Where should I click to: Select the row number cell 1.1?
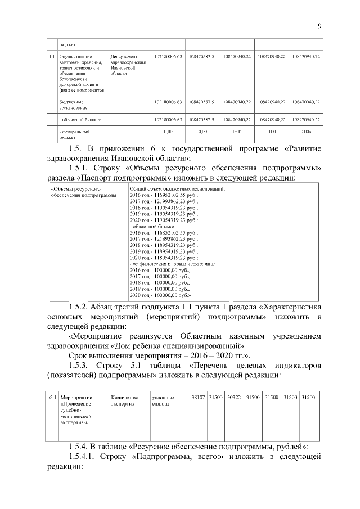[x=51, y=57]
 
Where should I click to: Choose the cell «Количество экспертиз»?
[x=125, y=400]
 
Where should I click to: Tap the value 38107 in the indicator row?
[x=197, y=397]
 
